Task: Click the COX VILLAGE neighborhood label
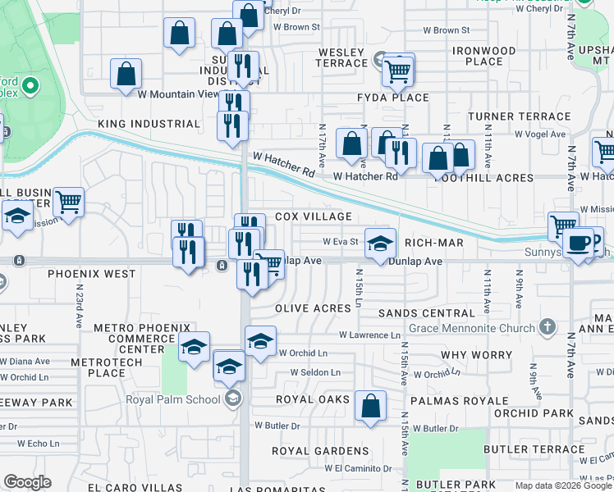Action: (313, 216)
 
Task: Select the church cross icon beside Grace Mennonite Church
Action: (548, 329)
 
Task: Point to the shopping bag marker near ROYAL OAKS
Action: (371, 406)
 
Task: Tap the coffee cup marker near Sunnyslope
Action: (578, 244)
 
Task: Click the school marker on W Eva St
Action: (380, 244)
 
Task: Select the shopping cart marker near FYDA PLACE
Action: (398, 71)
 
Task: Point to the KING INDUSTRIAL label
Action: (149, 124)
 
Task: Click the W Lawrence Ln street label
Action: (371, 335)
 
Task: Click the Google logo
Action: (28, 482)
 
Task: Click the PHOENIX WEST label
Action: (91, 273)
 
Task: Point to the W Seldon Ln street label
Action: (315, 372)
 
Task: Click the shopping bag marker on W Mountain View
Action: (126, 74)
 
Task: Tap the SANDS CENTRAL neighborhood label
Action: (427, 313)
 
